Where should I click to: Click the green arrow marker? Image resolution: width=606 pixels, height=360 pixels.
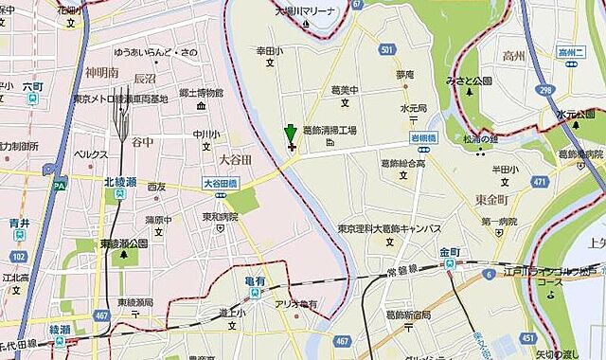[x=290, y=137]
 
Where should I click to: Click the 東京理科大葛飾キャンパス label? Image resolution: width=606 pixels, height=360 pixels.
[x=391, y=229]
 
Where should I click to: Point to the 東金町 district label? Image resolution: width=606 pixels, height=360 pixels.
[x=491, y=198]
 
